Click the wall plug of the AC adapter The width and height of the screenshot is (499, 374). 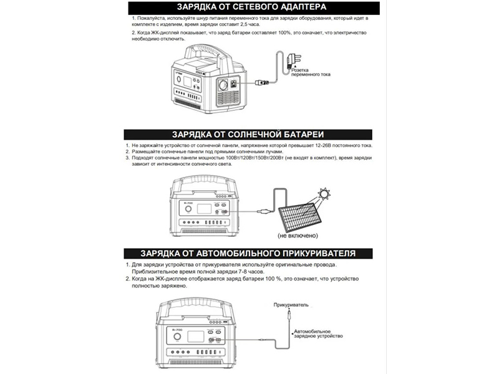click(x=293, y=60)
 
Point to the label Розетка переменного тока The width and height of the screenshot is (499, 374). click(x=311, y=72)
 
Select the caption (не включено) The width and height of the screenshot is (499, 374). click(x=298, y=236)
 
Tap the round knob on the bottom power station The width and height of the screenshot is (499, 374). click(x=178, y=337)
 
